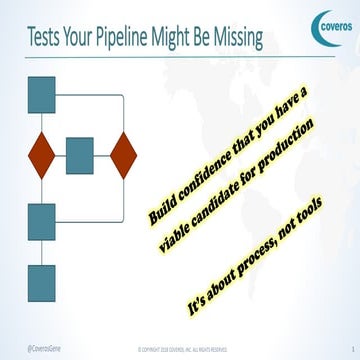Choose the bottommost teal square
pos(41,283)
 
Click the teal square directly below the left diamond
pos(41,221)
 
